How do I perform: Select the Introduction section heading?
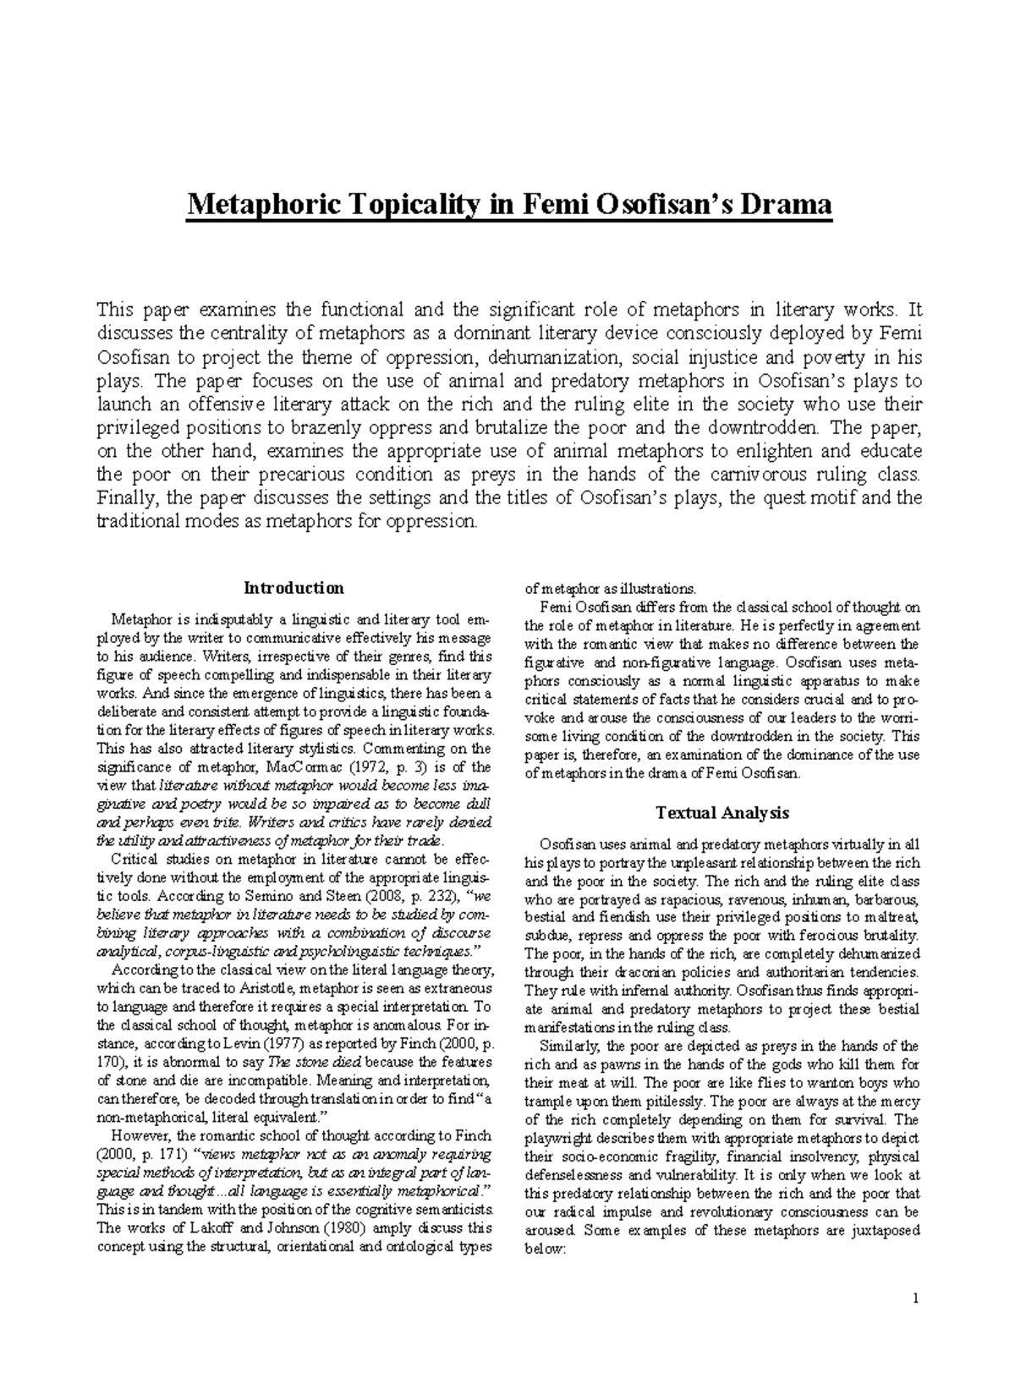294,587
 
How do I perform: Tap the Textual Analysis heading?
721,812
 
